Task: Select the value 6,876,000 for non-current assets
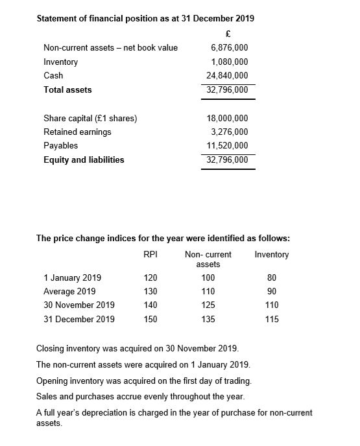pyautogui.click(x=230, y=48)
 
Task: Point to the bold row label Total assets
pyautogui.click(x=67, y=90)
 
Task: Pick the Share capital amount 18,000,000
pyautogui.click(x=228, y=119)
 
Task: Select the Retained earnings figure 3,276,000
pyautogui.click(x=230, y=132)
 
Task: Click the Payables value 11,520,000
pyautogui.click(x=228, y=146)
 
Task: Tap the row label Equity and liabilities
pyautogui.click(x=84, y=159)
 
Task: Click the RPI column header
pyautogui.click(x=150, y=254)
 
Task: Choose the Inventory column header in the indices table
pyautogui.click(x=272, y=254)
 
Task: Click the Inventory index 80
pyautogui.click(x=272, y=278)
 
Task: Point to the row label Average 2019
pyautogui.click(x=69, y=292)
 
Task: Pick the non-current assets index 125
pyautogui.click(x=208, y=305)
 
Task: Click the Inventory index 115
pyautogui.click(x=272, y=319)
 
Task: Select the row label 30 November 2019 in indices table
pyautogui.click(x=79, y=305)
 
